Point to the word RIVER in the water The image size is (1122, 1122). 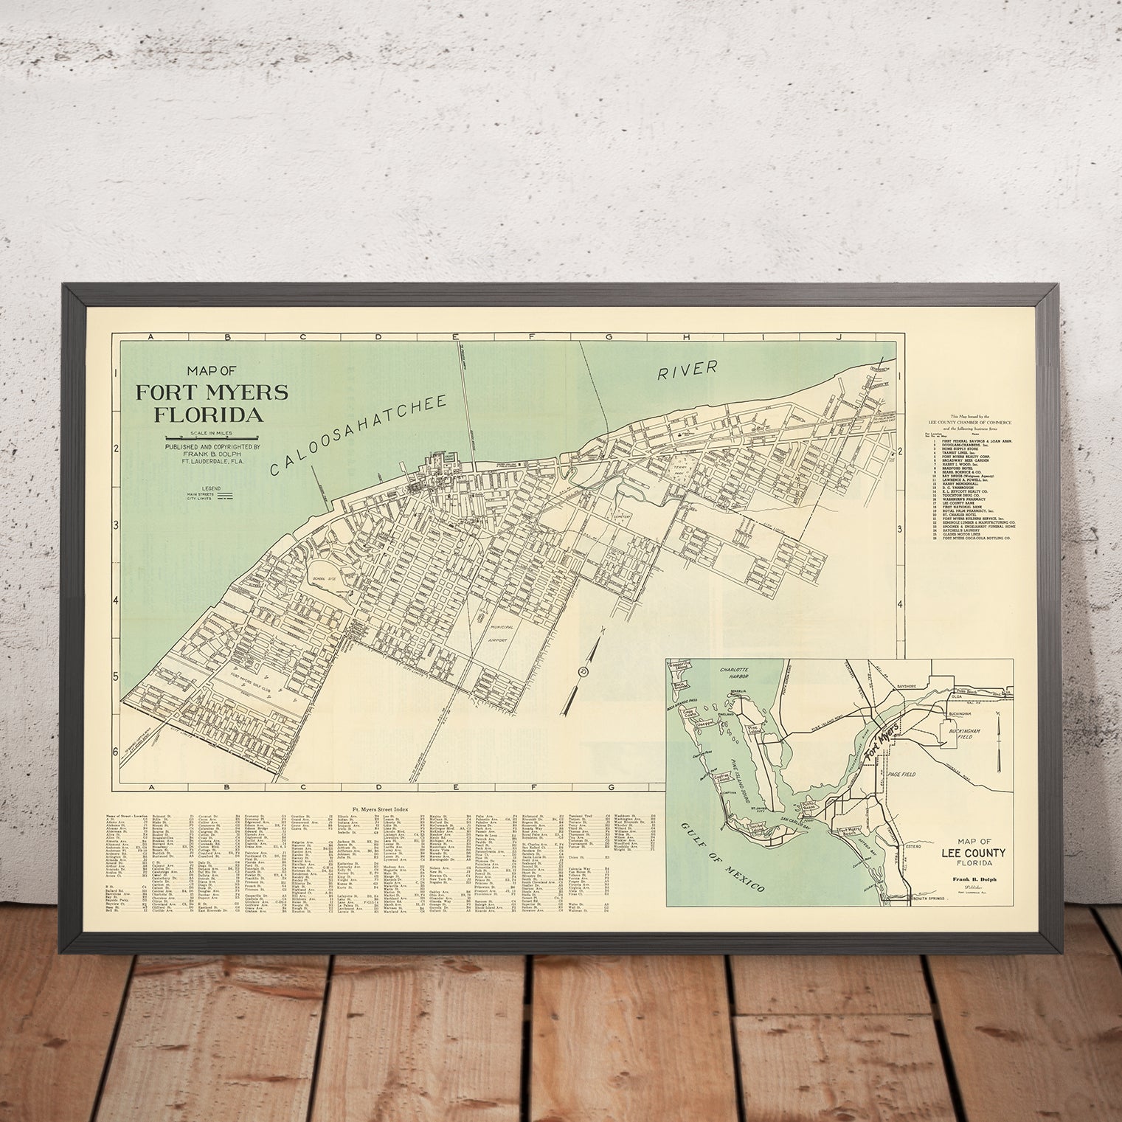[688, 370]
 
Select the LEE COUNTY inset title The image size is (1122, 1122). [972, 852]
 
